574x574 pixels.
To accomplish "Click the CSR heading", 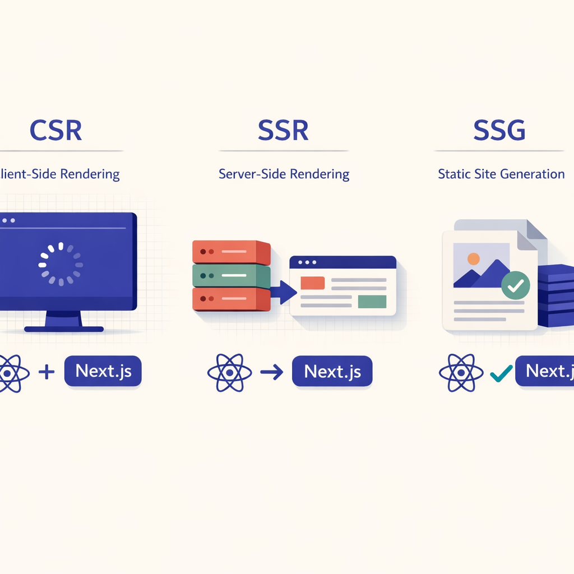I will (55, 130).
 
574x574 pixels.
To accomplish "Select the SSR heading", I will (283, 130).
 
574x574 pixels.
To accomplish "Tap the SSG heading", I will (499, 130).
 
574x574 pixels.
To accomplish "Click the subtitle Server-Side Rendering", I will (284, 174).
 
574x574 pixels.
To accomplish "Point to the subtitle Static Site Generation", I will (501, 174).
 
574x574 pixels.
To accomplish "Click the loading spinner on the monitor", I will (61, 263).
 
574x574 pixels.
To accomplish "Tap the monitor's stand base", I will (63, 328).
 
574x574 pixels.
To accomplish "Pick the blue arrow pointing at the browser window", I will (284, 291).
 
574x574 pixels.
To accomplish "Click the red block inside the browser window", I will (313, 283).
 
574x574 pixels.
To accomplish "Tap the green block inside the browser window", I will (372, 302).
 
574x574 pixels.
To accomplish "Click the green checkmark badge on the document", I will (515, 285).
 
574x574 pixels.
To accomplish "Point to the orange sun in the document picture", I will (474, 259).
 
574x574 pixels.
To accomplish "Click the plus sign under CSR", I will (47, 372).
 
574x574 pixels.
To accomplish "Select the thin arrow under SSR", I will (272, 372).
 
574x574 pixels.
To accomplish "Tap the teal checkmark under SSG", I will (501, 373).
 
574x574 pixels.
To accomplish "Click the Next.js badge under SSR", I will (332, 372).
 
